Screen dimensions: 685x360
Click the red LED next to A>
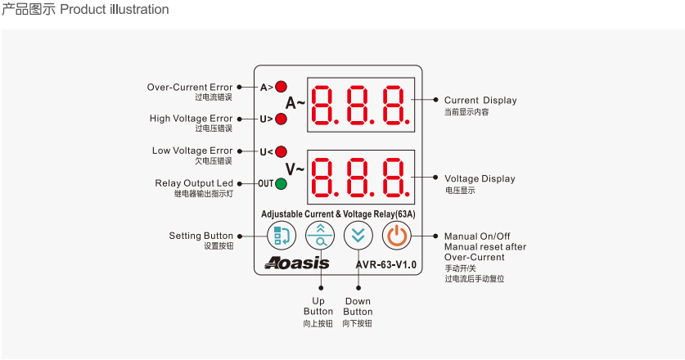pos(281,87)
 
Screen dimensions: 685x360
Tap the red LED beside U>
pos(281,119)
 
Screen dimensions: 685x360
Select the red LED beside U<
pos(281,151)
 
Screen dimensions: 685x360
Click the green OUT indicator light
pos(281,183)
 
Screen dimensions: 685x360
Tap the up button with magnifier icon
pos(320,236)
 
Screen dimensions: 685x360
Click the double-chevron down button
pos(358,236)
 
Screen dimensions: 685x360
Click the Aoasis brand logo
pos(297,263)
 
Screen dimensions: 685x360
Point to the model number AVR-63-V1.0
pos(385,265)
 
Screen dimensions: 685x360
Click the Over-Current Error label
pos(190,87)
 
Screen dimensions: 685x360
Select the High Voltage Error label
pos(191,119)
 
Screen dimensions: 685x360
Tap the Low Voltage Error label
pos(192,151)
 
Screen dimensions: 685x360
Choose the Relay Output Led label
pos(194,183)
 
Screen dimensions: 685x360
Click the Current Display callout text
pos(480,101)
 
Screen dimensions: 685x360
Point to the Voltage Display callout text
pos(480,178)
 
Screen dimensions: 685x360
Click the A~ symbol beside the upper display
pos(295,103)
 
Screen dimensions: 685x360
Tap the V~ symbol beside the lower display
pos(295,169)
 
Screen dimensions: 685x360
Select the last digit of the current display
pos(395,105)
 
